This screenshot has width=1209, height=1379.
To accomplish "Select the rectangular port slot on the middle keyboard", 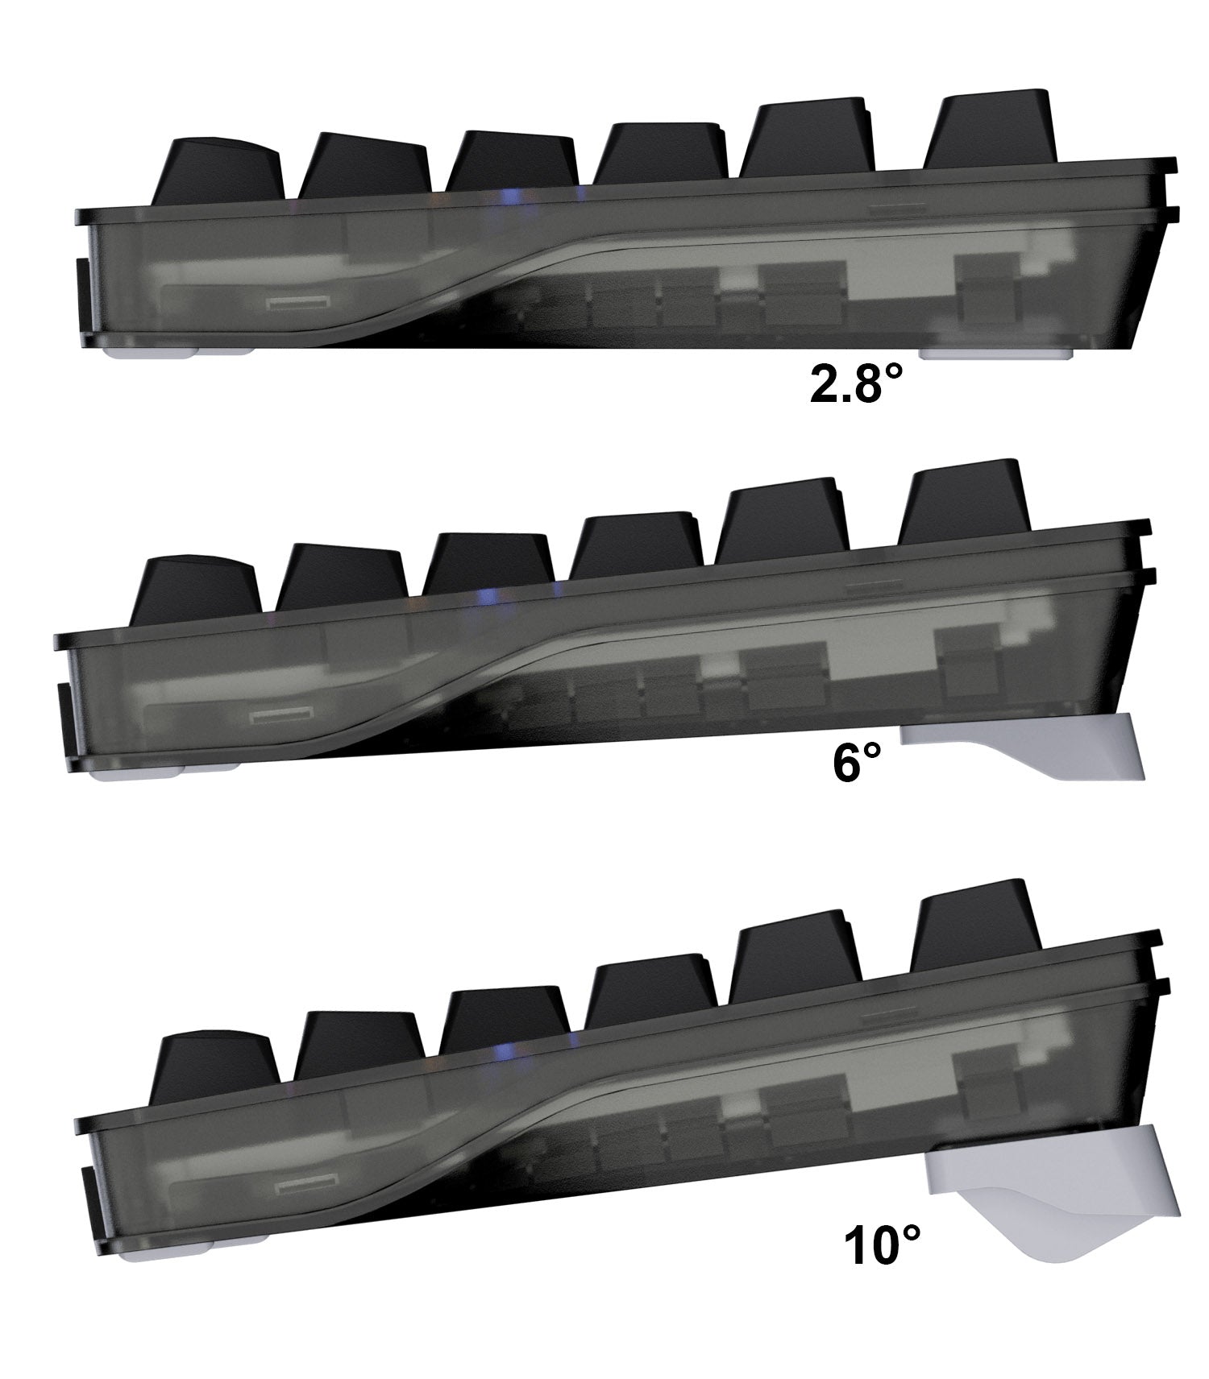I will pyautogui.click(x=281, y=715).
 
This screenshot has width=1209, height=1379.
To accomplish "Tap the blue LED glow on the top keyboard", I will pyautogui.click(x=509, y=196).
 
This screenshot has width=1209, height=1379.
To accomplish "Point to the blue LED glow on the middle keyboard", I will pyautogui.click(x=487, y=597).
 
